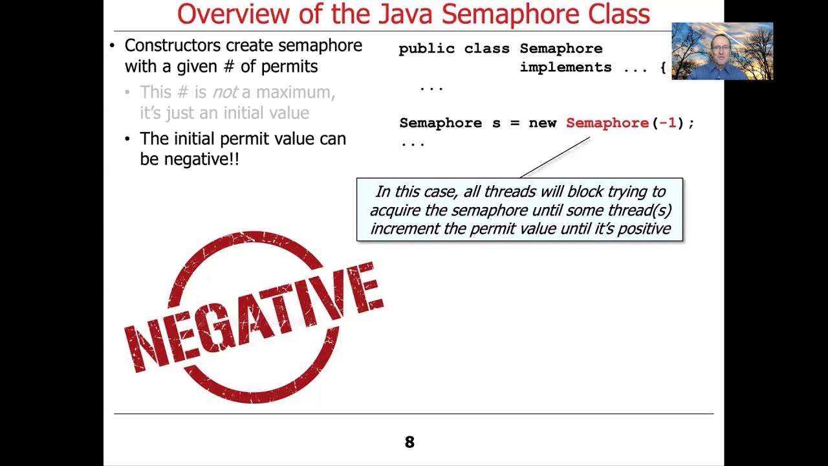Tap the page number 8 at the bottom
(x=409, y=442)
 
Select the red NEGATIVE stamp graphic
(x=254, y=316)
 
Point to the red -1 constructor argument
(x=668, y=123)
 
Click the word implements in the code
(x=565, y=67)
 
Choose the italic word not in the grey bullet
(x=224, y=93)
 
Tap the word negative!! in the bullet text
(x=201, y=159)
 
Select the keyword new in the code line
(x=542, y=123)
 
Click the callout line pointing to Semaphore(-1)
(x=555, y=157)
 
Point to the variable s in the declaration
(x=496, y=123)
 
